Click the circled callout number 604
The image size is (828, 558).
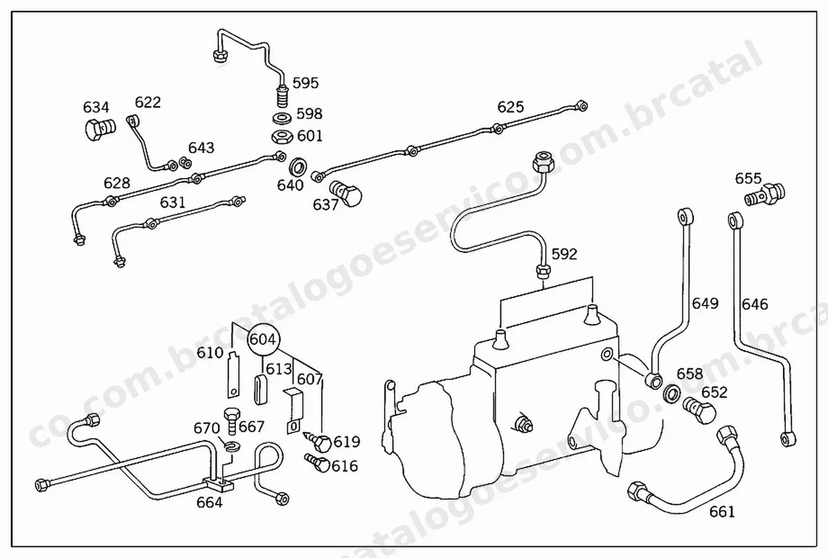coord(263,339)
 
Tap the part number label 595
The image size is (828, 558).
coord(305,83)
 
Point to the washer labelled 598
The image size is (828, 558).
coord(282,118)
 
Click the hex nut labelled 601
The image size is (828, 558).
coord(282,137)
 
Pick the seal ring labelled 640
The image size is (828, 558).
coord(297,166)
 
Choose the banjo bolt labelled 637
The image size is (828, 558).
coord(346,193)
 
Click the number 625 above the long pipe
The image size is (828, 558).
coord(511,107)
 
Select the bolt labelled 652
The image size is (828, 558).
coord(699,410)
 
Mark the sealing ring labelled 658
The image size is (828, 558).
coord(671,394)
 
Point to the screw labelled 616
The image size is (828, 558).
coord(317,462)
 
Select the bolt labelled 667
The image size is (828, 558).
coord(231,421)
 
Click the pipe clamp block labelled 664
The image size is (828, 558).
coord(219,484)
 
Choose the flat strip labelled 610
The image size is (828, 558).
coord(233,375)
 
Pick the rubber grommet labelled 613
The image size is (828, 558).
coord(260,390)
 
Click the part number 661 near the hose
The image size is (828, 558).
coord(722,512)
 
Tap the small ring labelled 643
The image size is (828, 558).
coord(185,163)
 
